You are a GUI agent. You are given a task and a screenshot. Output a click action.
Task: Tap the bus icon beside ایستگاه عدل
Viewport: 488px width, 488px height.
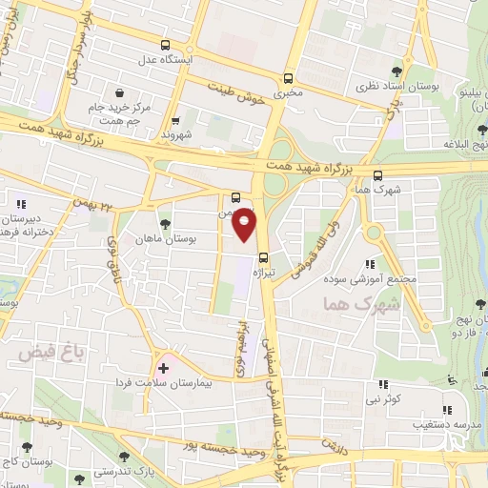167,45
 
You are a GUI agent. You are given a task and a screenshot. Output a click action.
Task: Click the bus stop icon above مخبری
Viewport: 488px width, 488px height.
288,79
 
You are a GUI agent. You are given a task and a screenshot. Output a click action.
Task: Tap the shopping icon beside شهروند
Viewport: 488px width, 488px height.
176,121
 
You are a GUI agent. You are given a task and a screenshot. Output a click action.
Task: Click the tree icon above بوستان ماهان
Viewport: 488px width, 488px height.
167,224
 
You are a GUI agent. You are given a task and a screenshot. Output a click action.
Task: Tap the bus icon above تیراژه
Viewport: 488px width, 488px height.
263,256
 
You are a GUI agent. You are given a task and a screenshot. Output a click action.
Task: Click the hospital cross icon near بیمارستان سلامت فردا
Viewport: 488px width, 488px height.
163,367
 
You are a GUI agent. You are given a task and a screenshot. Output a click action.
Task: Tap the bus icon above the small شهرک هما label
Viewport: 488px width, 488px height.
379,175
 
